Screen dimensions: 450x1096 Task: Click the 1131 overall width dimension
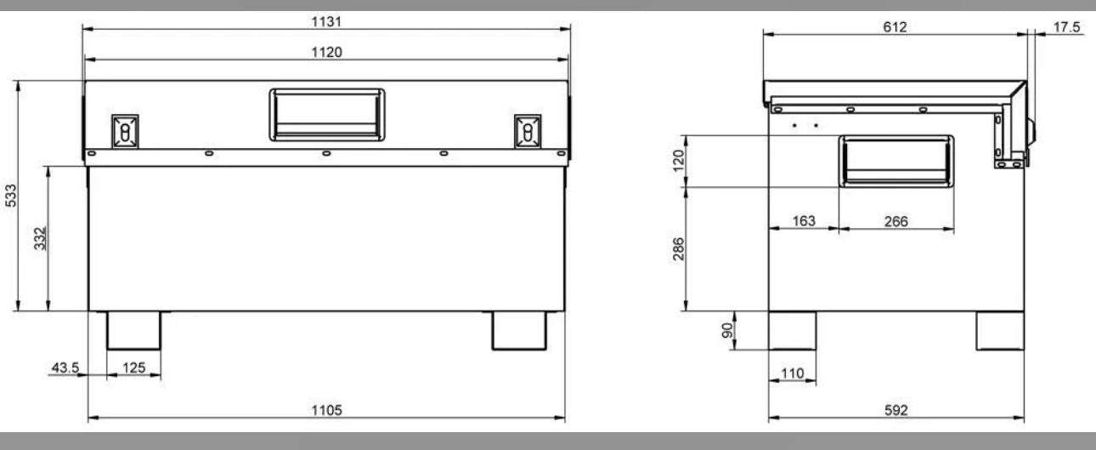click(325, 20)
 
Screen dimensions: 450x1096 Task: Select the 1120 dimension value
click(325, 53)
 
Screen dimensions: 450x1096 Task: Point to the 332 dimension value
click(40, 240)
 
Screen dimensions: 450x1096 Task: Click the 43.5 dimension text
click(65, 367)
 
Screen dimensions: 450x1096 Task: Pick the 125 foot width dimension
click(133, 367)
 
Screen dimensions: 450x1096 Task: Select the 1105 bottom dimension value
click(325, 411)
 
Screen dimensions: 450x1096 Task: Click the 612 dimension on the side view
click(894, 27)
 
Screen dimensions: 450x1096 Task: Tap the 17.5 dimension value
click(1066, 27)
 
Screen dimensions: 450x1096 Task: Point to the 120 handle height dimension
click(678, 160)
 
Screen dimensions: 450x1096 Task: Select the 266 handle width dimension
click(895, 221)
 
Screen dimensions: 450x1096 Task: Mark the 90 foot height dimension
click(726, 330)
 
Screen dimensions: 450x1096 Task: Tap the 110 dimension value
click(791, 374)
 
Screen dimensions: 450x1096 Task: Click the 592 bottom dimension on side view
click(895, 411)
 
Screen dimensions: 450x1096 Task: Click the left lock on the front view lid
click(124, 131)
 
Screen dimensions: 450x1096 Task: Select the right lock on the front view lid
click(528, 131)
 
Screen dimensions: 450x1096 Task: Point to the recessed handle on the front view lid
click(326, 114)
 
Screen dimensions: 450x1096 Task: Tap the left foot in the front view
click(133, 330)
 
